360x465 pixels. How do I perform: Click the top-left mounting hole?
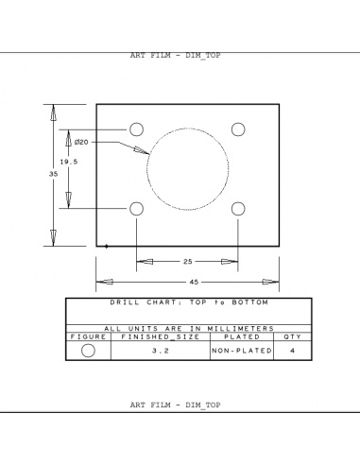(136, 129)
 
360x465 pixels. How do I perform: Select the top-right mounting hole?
(239, 129)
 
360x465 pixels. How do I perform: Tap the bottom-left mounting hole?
(136, 208)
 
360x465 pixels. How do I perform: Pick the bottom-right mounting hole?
(239, 208)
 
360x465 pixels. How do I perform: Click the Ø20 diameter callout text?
(81, 142)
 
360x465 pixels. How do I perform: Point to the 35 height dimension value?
(53, 175)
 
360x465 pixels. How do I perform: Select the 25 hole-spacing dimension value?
(187, 261)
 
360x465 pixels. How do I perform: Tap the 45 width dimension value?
(194, 281)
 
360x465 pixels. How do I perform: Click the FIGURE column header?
(88, 336)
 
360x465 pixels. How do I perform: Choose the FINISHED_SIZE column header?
(160, 336)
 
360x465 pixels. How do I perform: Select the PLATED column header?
(241, 336)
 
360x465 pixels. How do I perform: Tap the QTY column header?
(291, 336)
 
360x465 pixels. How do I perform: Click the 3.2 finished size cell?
(160, 351)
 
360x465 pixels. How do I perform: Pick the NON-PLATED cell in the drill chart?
(241, 351)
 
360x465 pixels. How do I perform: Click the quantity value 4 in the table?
(291, 351)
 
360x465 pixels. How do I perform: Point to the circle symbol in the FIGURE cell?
(88, 351)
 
